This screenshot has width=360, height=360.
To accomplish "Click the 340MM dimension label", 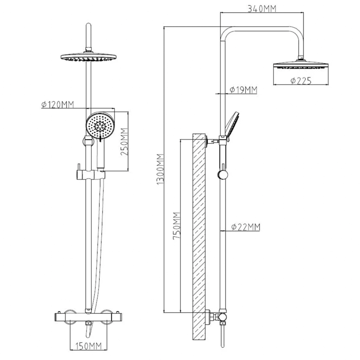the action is coord(262,9).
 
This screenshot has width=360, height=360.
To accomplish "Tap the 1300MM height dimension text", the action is coord(160,169).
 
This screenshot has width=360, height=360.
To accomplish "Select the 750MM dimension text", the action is coord(177,226).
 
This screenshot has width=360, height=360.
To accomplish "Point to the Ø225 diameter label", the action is coord(301,81).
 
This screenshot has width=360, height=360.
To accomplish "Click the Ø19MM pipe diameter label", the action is coord(243,90).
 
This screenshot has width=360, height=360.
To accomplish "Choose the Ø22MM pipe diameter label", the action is coord(246,227).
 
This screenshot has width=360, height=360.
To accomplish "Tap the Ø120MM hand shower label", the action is coord(58,104).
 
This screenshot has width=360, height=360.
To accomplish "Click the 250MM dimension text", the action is coord(124,141).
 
